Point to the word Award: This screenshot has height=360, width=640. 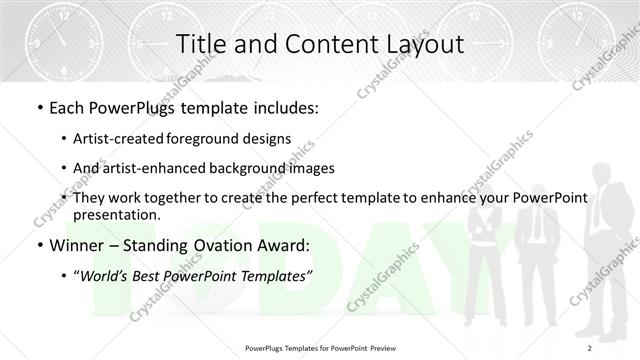tap(286, 245)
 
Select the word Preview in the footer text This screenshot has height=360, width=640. tap(392, 347)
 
